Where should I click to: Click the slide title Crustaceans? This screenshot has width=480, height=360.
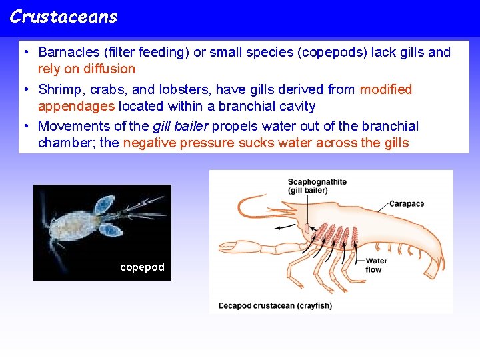pyautogui.click(x=63, y=17)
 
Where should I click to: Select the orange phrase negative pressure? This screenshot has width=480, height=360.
pyautogui.click(x=179, y=143)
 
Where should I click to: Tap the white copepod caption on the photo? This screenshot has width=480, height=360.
pyautogui.click(x=142, y=267)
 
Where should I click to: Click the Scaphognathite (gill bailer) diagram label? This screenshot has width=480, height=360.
pyautogui.click(x=317, y=186)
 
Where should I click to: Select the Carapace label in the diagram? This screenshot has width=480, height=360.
pyautogui.click(x=407, y=204)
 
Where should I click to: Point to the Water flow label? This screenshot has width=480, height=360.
pyautogui.click(x=376, y=265)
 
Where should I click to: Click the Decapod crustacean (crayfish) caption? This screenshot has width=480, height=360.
pyautogui.click(x=275, y=306)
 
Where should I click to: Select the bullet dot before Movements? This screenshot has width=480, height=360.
pyautogui.click(x=24, y=127)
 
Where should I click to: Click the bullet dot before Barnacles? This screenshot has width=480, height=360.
pyautogui.click(x=24, y=53)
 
